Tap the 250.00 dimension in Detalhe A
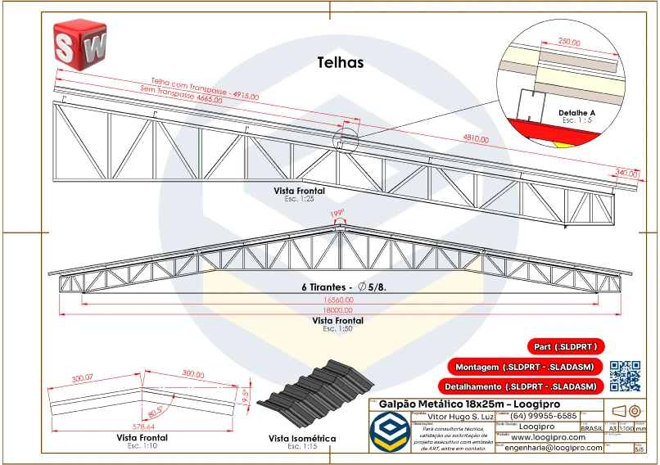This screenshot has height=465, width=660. pos(569,42)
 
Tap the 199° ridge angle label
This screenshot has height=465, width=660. pos(336,214)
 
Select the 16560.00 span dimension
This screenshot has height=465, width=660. pos(338,300)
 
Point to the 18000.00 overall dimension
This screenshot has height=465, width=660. pos(338,312)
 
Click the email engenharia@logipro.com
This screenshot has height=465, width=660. pos(554,448)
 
